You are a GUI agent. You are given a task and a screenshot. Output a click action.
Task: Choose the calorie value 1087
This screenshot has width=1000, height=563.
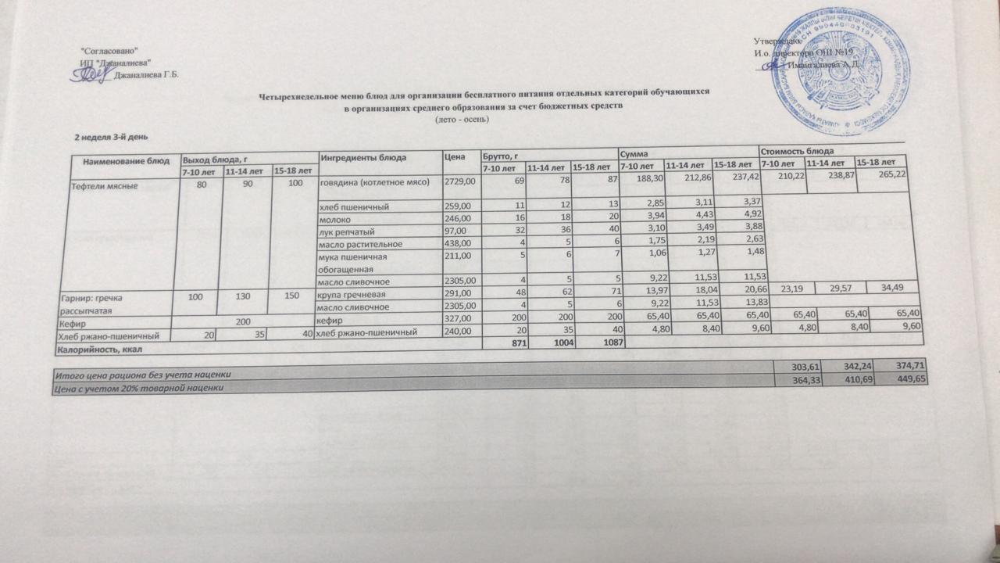point(595,346)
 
